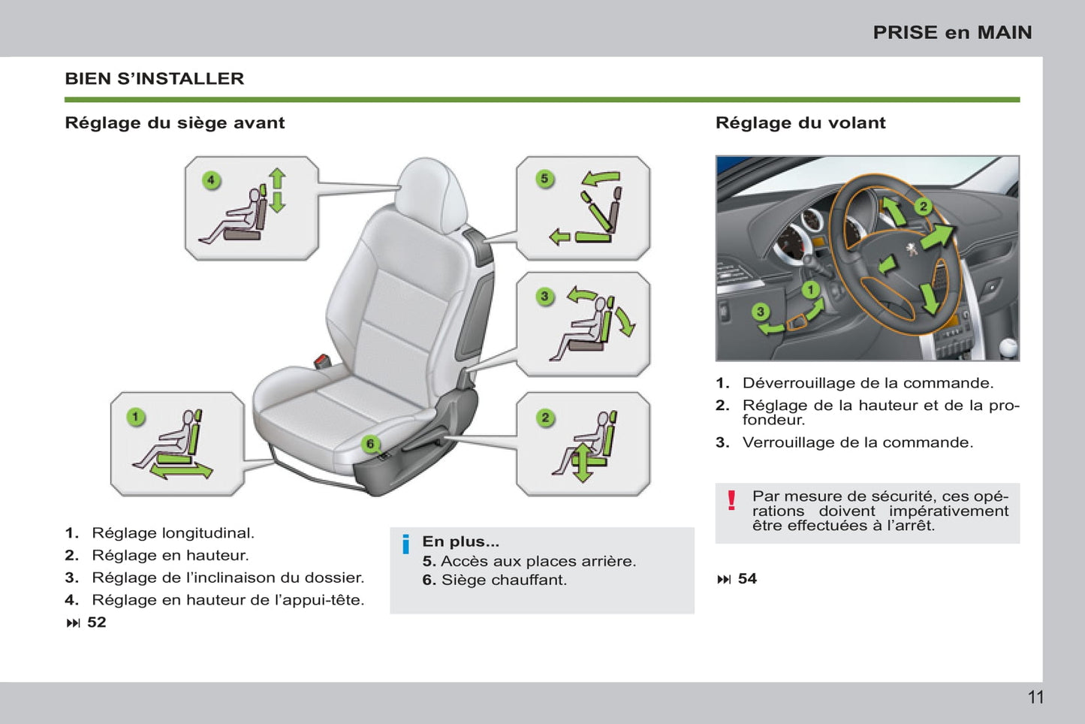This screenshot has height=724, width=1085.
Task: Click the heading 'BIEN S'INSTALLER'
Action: tap(155, 79)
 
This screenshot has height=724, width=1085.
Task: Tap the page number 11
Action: tap(1035, 697)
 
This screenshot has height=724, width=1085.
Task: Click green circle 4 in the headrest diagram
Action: tap(211, 180)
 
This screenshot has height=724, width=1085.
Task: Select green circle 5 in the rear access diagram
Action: tap(545, 179)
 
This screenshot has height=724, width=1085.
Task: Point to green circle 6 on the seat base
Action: tap(370, 444)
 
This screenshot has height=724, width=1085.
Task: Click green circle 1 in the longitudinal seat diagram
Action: tap(136, 417)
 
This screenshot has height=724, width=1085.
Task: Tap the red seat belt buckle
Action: tap(321, 360)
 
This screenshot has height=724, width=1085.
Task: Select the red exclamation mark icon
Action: tap(731, 500)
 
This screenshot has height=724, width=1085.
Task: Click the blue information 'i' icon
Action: tap(406, 545)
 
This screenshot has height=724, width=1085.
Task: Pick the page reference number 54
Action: tap(747, 578)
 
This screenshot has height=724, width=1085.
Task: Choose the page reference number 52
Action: tap(96, 622)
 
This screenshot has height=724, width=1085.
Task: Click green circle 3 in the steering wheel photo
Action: tap(761, 312)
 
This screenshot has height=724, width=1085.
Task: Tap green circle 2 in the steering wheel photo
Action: tap(924, 207)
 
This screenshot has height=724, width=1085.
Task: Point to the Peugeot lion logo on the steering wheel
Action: tap(912, 250)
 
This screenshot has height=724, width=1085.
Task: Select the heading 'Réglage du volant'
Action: tap(800, 122)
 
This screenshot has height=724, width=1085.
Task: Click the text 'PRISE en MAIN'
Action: tap(952, 32)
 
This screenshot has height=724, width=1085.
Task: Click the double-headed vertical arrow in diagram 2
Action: tap(583, 463)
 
